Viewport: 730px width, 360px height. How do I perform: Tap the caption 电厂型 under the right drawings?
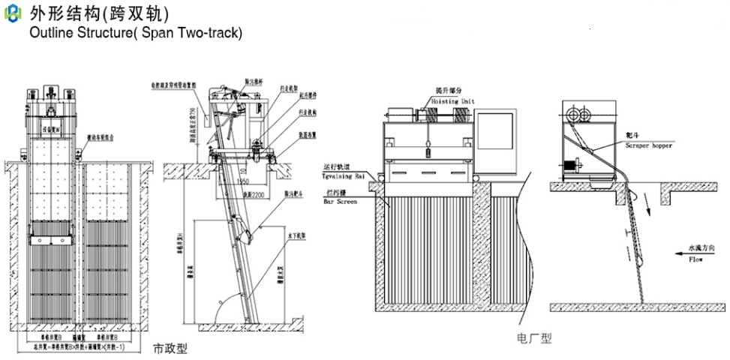tap(534, 338)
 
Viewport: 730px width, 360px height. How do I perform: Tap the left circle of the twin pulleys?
tap(575, 115)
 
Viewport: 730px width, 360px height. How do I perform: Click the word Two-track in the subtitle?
tap(212, 34)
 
